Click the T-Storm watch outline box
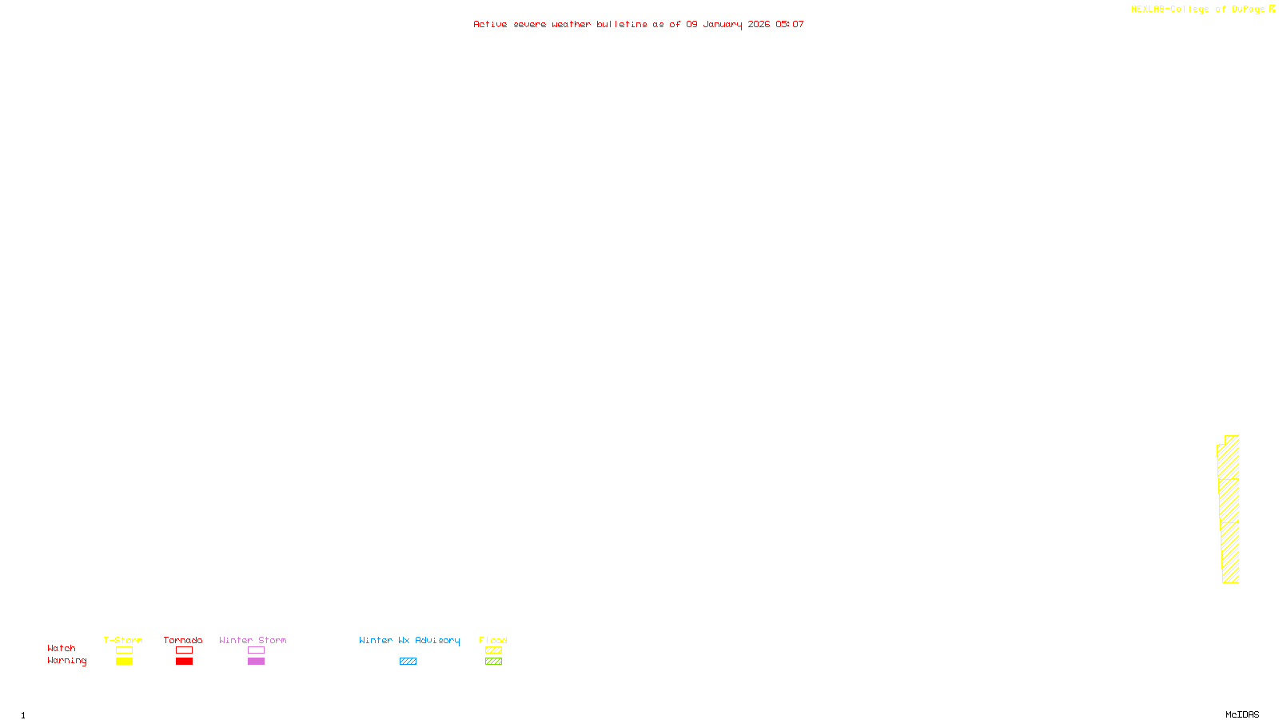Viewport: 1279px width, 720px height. point(124,650)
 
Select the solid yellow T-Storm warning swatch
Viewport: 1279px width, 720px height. point(124,662)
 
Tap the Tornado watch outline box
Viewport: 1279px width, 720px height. point(184,650)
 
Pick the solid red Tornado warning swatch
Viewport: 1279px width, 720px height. point(184,662)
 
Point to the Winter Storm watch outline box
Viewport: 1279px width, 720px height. point(256,650)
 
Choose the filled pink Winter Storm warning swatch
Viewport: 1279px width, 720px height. point(256,662)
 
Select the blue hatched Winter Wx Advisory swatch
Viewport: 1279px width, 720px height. point(408,662)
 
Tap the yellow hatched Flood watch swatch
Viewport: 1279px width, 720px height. point(493,650)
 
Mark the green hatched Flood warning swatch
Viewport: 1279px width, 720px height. point(493,662)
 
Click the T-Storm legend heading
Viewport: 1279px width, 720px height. point(123,640)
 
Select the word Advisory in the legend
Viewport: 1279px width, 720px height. point(437,640)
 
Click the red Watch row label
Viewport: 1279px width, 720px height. point(62,648)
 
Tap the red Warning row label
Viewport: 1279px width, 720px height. point(66,661)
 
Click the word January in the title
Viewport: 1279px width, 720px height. point(723,24)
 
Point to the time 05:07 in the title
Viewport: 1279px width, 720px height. point(790,24)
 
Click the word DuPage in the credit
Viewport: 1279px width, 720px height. point(1249,9)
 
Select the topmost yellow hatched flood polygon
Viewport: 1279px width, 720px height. point(1229,458)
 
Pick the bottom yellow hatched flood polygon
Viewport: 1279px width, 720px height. point(1231,553)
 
